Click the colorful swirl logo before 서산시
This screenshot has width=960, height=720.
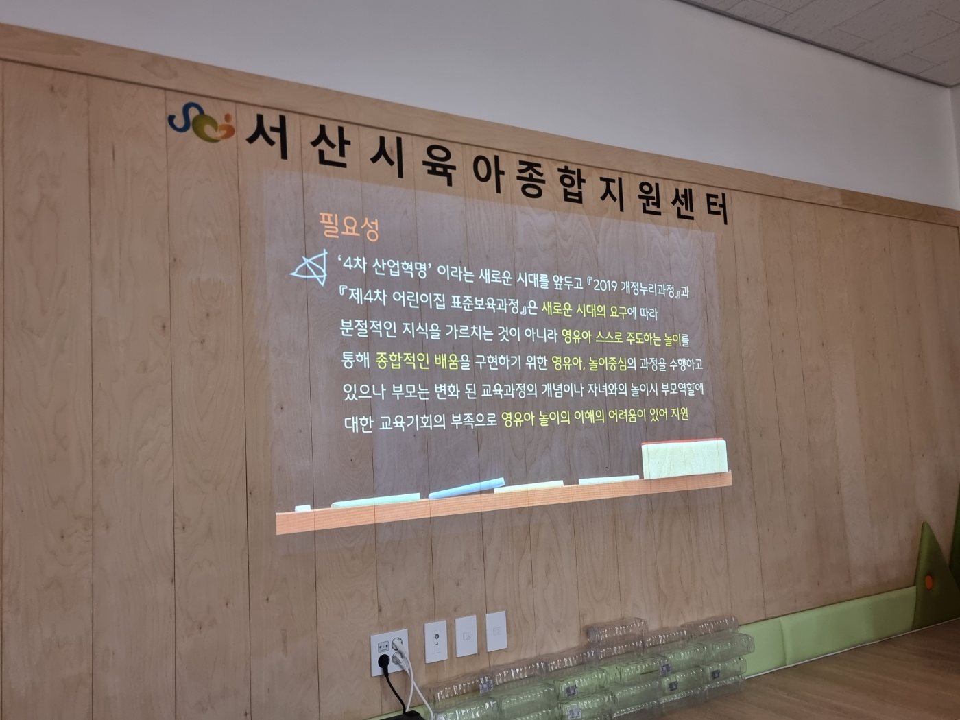tap(201, 123)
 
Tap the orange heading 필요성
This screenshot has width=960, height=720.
tap(349, 226)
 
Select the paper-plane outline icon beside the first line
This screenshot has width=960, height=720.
tap(310, 267)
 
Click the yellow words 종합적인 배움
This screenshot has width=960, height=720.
tap(416, 361)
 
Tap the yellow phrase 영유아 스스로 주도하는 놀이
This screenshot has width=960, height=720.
tap(621, 337)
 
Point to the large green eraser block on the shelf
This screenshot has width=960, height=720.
tap(684, 458)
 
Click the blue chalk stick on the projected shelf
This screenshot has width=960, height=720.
tap(466, 488)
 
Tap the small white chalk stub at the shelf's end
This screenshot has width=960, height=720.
tap(302, 508)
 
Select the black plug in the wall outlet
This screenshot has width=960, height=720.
tap(384, 660)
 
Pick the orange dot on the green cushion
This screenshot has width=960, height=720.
tap(929, 582)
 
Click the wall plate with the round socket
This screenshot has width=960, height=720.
tap(435, 641)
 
